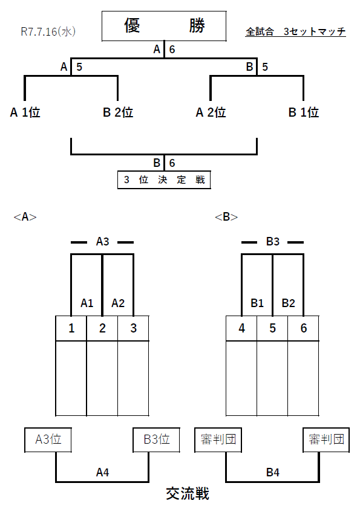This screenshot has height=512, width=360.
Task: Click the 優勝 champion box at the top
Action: point(164,26)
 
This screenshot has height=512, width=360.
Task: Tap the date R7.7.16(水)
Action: point(48,31)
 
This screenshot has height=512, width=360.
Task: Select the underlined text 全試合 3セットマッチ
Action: point(296,31)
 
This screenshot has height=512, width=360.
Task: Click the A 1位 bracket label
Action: point(25,112)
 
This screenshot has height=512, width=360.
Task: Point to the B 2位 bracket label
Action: point(118,112)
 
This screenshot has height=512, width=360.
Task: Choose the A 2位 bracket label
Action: point(211,112)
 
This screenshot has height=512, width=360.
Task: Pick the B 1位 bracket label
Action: point(304,112)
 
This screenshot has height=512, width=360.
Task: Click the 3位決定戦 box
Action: point(164,180)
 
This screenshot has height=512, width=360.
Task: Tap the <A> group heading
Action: point(25,217)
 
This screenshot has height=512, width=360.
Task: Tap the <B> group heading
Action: point(226,217)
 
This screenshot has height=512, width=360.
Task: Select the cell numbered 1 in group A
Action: point(71,328)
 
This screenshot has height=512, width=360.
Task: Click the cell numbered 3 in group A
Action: point(133,328)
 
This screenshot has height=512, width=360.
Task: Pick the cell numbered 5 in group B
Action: point(272,328)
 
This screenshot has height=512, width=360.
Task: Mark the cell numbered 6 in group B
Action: point(304,328)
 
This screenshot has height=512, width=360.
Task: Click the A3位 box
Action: point(48,439)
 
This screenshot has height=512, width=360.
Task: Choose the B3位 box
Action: point(157,439)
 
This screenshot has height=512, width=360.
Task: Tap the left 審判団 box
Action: point(218,439)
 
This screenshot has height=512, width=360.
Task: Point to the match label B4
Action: point(273,473)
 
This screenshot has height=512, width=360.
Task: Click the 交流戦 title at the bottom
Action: point(188,493)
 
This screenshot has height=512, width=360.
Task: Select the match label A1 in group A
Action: point(87,303)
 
